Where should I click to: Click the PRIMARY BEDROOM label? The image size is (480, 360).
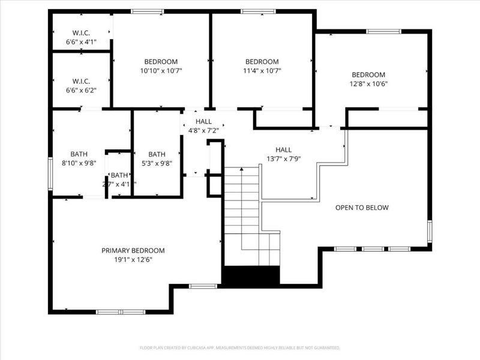tap(133, 250)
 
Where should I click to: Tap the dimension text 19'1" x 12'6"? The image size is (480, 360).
tap(133, 260)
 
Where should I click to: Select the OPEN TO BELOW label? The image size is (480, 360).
tap(362, 208)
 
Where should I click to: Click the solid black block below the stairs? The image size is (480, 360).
tap(251, 275)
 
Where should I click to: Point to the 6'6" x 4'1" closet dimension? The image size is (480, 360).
tap(81, 43)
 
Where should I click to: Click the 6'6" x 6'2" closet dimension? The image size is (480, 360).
tap(81, 90)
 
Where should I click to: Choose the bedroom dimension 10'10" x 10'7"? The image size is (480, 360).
tap(161, 71)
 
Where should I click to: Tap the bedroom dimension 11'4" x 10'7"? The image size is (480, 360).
tap(262, 71)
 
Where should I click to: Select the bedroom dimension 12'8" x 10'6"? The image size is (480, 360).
tap(369, 84)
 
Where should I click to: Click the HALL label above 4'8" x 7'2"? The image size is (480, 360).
tap(195, 121)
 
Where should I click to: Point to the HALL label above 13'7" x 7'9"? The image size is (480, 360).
tap(283, 150)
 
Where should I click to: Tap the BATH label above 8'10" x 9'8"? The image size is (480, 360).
tap(79, 154)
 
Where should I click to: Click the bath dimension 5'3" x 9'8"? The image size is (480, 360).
tap(157, 163)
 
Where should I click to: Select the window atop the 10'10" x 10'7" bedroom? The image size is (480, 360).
tap(148, 11)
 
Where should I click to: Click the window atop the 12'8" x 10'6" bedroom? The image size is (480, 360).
tap(384, 31)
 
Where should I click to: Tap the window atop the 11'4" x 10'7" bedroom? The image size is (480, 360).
tap(258, 11)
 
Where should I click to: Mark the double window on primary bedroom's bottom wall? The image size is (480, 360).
tap(121, 312)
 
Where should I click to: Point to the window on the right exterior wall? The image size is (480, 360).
tap(430, 232)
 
